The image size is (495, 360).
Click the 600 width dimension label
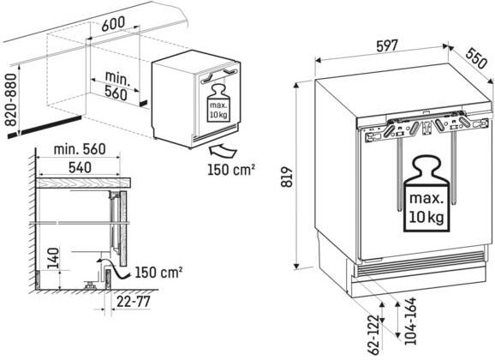(x=113, y=23)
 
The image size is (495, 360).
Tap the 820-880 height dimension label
(x=10, y=100)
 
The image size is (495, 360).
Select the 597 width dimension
(x=386, y=46)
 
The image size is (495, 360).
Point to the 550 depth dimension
(x=476, y=57)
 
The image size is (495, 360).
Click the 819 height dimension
(x=287, y=177)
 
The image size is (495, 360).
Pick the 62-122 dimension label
(x=373, y=334)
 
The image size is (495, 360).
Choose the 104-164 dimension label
(x=410, y=321)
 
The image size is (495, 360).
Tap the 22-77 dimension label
(x=134, y=302)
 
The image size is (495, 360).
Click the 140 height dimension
(x=53, y=259)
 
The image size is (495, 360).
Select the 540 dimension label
(x=80, y=168)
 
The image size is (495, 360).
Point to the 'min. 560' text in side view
(x=80, y=149)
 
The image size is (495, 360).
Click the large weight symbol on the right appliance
(x=426, y=194)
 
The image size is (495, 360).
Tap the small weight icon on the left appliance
(x=218, y=103)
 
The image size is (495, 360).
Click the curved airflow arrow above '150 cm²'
(x=223, y=150)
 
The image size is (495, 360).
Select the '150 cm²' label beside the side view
(x=158, y=273)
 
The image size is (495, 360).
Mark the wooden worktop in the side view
(x=83, y=183)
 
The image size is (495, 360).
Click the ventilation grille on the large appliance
(x=418, y=265)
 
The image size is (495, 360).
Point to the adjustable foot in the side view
(x=91, y=285)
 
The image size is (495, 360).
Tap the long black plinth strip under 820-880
(x=45, y=127)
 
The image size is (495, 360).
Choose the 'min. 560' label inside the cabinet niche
(x=116, y=86)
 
